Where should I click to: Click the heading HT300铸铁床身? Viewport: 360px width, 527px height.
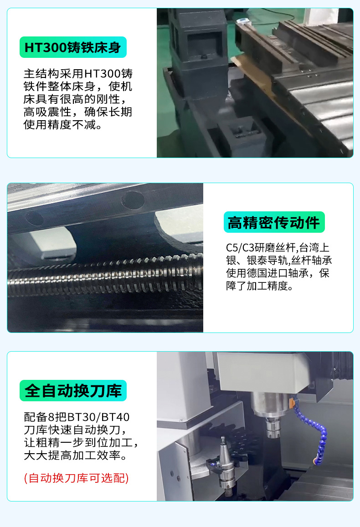73,47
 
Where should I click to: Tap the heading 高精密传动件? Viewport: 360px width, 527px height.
274,222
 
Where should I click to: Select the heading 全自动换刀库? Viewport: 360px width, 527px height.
73,390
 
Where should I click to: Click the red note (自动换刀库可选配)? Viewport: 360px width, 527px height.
76,478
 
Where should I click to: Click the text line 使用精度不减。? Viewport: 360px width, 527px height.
63,125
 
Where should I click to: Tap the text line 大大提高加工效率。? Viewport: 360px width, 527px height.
76,455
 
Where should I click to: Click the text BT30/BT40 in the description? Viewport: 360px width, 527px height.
98,417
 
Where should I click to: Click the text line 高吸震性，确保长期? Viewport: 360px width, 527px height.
77,112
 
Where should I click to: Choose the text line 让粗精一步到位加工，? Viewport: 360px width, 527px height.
81,442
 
